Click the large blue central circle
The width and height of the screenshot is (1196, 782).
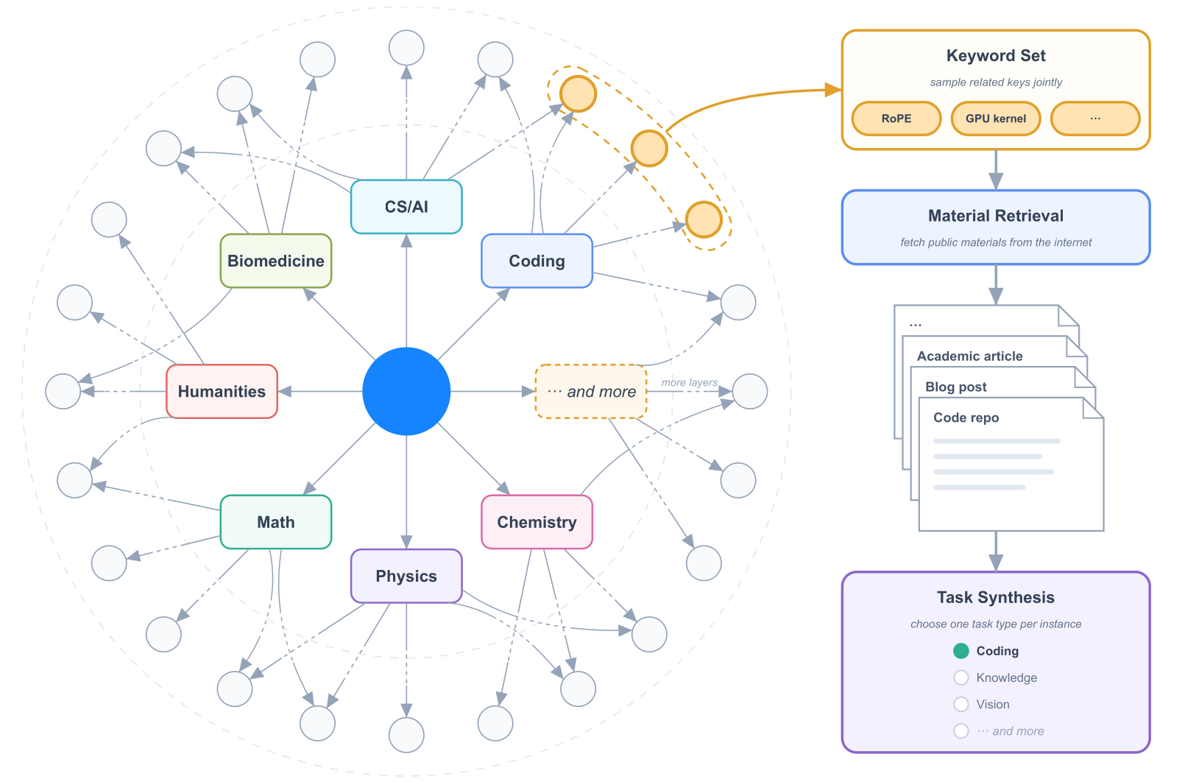click(406, 392)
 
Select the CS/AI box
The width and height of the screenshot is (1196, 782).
click(406, 207)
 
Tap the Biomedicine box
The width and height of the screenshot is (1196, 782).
click(276, 261)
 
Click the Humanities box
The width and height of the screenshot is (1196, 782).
click(222, 392)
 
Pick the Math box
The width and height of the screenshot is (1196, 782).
click(276, 522)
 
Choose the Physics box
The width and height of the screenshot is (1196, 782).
click(406, 576)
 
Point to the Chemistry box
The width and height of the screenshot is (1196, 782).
click(537, 522)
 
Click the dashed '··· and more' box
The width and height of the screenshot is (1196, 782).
click(591, 392)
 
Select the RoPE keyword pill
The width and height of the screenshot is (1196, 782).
click(896, 119)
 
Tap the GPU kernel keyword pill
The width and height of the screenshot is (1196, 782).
click(996, 119)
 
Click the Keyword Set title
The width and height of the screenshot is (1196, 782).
click(996, 55)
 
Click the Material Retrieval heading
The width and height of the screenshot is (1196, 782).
click(996, 216)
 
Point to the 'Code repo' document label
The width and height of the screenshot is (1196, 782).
click(966, 418)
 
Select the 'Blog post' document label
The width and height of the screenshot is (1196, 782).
click(956, 387)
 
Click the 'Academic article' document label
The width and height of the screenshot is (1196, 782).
click(969, 356)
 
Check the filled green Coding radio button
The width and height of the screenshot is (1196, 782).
click(961, 651)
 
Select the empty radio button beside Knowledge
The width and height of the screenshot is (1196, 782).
click(961, 677)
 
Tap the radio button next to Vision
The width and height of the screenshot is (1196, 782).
click(961, 704)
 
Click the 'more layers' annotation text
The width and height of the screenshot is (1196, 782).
click(690, 382)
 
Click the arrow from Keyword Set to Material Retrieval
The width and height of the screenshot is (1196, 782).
click(996, 170)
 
